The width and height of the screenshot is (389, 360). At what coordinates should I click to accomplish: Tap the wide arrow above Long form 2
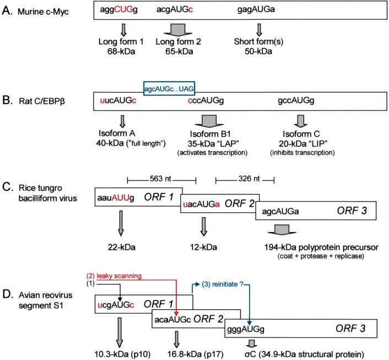(x=178, y=30)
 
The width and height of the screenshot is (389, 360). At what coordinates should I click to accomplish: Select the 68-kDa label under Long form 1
(x=121, y=51)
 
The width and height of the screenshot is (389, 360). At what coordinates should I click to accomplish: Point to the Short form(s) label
(x=258, y=41)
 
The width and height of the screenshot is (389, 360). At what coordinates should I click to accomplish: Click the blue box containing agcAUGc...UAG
(x=169, y=88)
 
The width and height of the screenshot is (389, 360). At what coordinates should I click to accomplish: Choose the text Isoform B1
(x=210, y=134)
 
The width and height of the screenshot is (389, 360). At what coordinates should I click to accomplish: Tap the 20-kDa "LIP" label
(x=303, y=143)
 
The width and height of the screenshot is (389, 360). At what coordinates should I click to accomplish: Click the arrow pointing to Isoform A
(x=122, y=121)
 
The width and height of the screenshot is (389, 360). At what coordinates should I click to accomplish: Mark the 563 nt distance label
(x=160, y=179)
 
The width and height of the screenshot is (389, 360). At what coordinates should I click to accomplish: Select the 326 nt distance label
(x=249, y=179)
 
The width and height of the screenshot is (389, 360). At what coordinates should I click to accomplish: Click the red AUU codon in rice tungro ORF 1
(x=121, y=198)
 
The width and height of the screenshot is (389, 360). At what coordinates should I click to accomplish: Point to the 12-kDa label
(x=204, y=248)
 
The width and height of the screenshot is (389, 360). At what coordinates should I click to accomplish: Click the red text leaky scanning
(x=119, y=276)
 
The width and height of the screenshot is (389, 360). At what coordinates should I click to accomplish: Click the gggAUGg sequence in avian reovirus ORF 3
(x=246, y=329)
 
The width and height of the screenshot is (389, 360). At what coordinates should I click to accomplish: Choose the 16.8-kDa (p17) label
(x=195, y=354)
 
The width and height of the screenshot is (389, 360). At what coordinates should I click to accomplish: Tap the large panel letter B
(x=7, y=100)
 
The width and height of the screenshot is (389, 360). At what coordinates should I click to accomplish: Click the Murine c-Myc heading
(x=43, y=12)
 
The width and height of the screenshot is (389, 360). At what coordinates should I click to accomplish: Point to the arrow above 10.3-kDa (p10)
(x=120, y=332)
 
